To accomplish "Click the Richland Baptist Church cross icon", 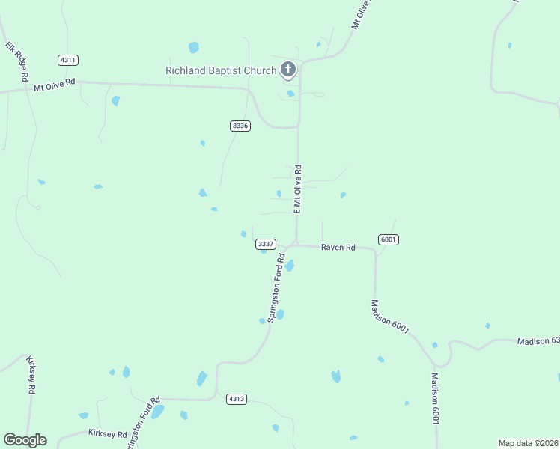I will click(287, 70).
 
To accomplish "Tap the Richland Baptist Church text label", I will click(220, 71).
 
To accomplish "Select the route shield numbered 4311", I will click(68, 60).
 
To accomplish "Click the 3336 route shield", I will click(240, 126).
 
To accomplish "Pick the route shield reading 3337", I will click(266, 244).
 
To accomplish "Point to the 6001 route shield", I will click(388, 239).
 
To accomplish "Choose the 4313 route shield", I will click(237, 399).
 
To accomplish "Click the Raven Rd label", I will click(338, 247).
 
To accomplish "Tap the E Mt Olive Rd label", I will click(298, 189).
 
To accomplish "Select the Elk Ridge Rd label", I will click(17, 61).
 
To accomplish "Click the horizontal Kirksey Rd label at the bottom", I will click(107, 433).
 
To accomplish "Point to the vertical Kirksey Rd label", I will click(31, 375).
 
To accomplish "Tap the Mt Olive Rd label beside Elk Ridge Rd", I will click(55, 85).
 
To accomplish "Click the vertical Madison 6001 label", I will click(433, 399).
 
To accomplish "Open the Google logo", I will click(25, 440).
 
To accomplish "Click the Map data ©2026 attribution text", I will click(528, 443).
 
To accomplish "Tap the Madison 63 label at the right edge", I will click(538, 342).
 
